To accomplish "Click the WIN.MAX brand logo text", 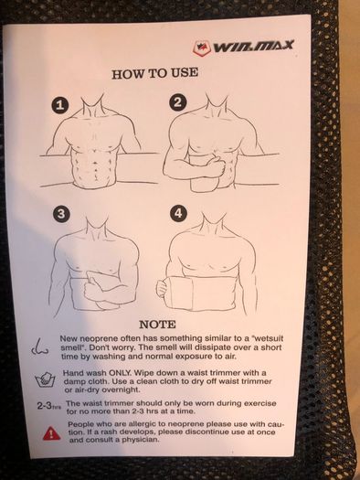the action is [253, 47].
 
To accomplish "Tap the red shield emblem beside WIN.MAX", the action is [202, 48].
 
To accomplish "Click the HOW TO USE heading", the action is [154, 73].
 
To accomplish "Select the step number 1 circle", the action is [60, 105].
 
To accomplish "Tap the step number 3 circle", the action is [61, 213].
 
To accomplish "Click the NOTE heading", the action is [157, 325].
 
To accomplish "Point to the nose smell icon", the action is [40, 347].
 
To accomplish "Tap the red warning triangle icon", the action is [52, 432].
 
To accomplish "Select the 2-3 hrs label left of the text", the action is [49, 406].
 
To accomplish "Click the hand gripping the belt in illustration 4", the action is [162, 288].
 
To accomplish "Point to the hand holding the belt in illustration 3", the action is [93, 288].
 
